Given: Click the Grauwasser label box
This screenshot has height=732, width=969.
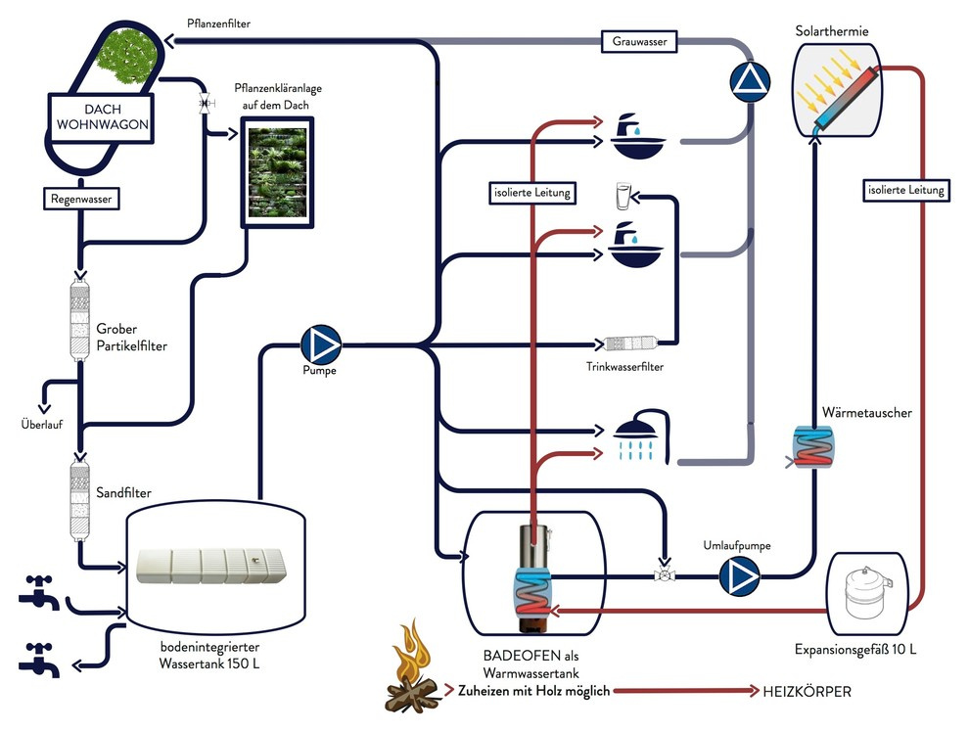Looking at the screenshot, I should pos(640,42).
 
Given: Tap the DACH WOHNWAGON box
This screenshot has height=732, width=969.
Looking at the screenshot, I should pos(100,117).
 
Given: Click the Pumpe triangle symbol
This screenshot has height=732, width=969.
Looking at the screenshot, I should pos(319,343).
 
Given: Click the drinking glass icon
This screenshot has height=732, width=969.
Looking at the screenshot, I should pos(621,195).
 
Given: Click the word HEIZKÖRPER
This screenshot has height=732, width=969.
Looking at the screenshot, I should pos(807,692).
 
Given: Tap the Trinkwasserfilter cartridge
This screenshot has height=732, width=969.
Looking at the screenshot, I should pos(631,344).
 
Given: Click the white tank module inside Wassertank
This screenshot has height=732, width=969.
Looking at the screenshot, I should pos(211,567).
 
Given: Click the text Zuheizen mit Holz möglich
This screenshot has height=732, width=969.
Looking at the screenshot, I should pos(533,692).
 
